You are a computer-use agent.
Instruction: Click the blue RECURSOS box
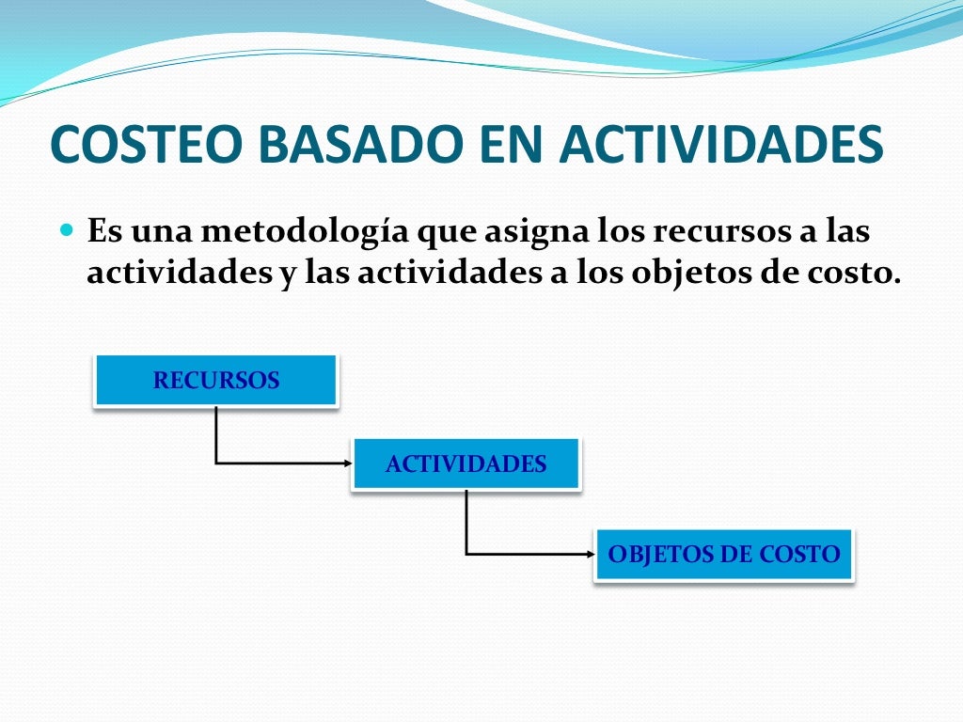point(215,381)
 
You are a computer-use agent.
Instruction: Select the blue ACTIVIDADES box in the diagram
point(466,463)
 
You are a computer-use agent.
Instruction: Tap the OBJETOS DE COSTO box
point(723,555)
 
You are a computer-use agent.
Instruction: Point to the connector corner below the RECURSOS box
point(216,463)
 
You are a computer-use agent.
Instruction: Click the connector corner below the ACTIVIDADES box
point(466,554)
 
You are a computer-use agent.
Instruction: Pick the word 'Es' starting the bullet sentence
point(103,231)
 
